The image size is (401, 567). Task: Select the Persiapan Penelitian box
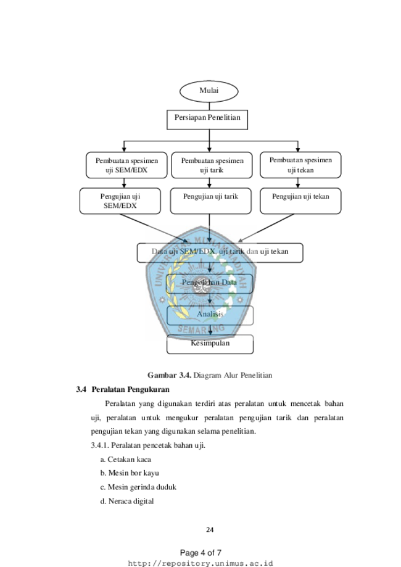(207, 120)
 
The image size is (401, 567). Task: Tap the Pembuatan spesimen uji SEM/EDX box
(126, 165)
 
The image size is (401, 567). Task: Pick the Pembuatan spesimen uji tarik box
(212, 165)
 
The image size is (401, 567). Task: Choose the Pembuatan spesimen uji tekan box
(300, 165)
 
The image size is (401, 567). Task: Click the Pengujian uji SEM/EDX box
(120, 201)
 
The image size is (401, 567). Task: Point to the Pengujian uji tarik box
(210, 201)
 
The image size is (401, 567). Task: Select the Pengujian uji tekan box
(300, 201)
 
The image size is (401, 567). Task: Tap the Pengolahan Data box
(209, 284)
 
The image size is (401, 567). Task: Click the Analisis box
(210, 315)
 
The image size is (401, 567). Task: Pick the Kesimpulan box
(210, 344)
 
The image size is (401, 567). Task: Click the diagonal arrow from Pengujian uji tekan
(266, 228)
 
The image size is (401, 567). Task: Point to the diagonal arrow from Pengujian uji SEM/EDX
(154, 228)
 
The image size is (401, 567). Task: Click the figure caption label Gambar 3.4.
(169, 375)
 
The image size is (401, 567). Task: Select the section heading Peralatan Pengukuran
(131, 389)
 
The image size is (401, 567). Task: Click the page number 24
(210, 530)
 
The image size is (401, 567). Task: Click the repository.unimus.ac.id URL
(200, 563)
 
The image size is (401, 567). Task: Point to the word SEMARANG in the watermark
(201, 329)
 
